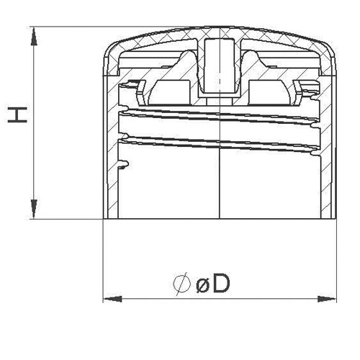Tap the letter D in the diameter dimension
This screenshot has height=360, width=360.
click(221, 285)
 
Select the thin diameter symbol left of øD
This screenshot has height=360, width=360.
click(182, 285)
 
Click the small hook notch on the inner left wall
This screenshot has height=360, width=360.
click(125, 166)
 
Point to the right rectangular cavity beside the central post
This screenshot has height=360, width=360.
click(269, 88)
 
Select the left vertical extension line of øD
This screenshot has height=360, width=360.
click(104, 259)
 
